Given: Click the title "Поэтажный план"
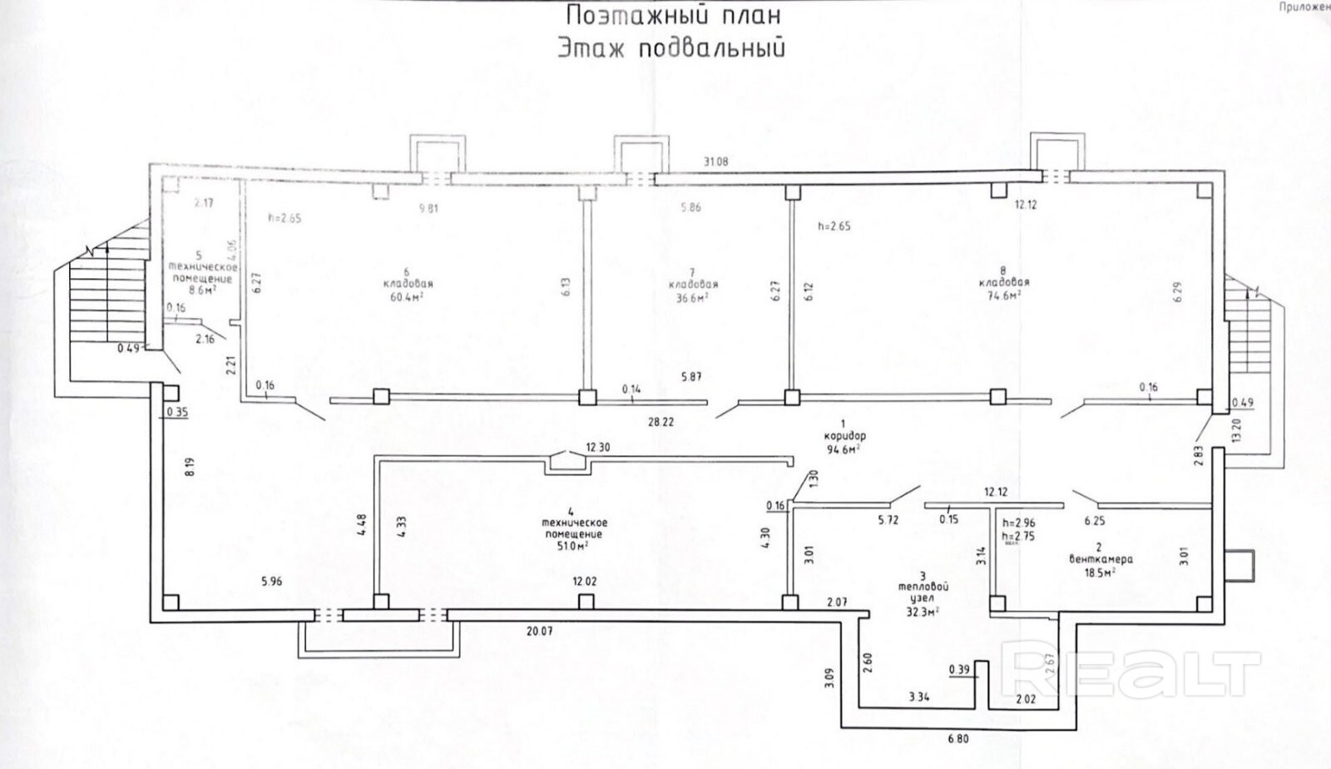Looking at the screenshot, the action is point(673,16).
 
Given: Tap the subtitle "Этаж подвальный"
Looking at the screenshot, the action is point(670,48).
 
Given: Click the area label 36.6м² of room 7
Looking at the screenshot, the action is point(692,296).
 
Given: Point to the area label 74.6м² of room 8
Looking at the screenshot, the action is point(1003,294).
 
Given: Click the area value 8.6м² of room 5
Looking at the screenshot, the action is point(202,291).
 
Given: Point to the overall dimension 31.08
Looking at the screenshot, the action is point(715,162).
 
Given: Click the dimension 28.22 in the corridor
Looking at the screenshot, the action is point(661,422).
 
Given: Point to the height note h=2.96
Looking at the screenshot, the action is point(1019,523).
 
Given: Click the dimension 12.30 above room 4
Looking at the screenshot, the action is point(596,447).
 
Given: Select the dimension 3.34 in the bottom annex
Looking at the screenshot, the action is point(919,696).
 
